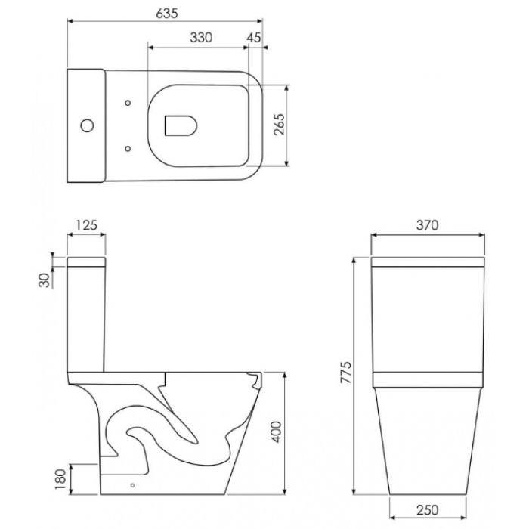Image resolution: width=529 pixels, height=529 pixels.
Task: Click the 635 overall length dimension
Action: (x=167, y=13)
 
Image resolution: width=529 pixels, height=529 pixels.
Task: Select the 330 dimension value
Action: (x=201, y=38)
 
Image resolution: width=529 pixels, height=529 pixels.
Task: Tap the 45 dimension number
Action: (x=254, y=38)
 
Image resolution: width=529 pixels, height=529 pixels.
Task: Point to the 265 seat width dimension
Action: (x=279, y=125)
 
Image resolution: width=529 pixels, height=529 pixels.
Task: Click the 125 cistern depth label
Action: (x=86, y=225)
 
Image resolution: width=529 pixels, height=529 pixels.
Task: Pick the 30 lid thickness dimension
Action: (x=44, y=280)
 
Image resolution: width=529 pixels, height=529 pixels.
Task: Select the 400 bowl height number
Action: (x=277, y=432)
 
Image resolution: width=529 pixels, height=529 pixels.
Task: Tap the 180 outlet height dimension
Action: (x=60, y=479)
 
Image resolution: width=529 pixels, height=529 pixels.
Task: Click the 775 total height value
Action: (x=346, y=373)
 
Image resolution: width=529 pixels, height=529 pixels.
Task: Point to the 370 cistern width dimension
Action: (x=427, y=225)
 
